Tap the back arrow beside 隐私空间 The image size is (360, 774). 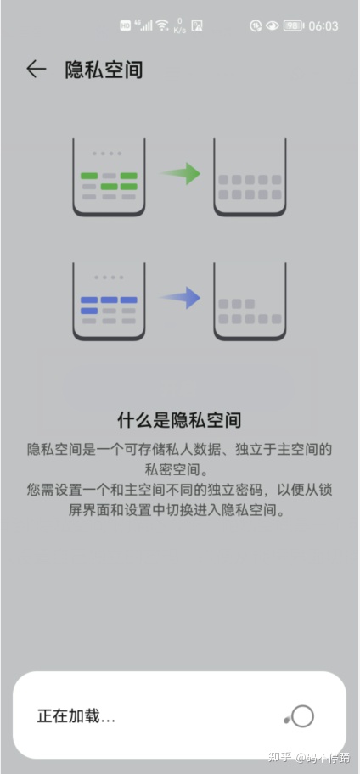[36, 70]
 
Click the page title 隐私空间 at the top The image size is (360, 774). [104, 70]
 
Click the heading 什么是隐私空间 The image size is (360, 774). [179, 420]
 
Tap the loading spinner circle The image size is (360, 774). [301, 716]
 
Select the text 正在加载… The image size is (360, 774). [76, 716]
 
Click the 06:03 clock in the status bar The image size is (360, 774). [323, 26]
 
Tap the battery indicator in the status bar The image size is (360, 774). [293, 26]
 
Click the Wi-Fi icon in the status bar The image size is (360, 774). [162, 25]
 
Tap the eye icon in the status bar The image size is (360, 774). [272, 26]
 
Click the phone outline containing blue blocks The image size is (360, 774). [109, 301]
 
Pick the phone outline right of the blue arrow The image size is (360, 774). [250, 301]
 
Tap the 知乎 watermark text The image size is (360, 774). [279, 758]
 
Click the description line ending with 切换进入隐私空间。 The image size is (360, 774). [179, 511]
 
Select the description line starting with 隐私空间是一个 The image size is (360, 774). [179, 448]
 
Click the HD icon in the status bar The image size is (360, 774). [125, 25]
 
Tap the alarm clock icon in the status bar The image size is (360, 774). [255, 26]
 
